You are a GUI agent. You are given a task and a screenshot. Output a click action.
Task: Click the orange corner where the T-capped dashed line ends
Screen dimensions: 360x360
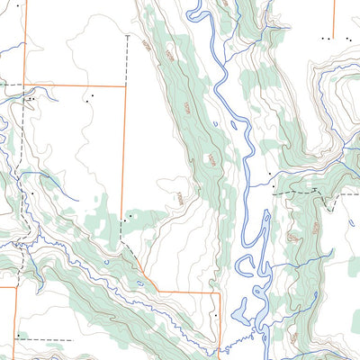point(145,267)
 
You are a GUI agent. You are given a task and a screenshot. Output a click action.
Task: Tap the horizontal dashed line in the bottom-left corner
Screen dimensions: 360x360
point(45,340)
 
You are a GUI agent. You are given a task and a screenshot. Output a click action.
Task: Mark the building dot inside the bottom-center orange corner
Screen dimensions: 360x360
point(216,316)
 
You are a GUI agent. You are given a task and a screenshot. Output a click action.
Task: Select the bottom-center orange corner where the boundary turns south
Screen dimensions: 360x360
point(219,292)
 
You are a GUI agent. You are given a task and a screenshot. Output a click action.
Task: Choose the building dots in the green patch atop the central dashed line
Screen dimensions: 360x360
point(130,216)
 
